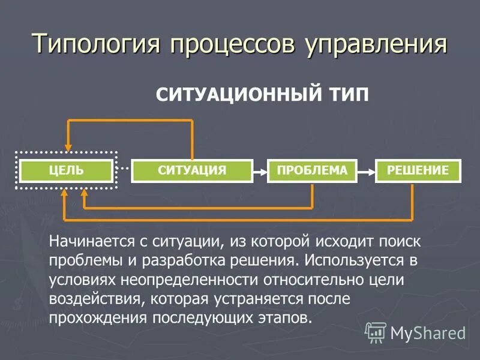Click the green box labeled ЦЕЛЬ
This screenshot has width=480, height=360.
(66, 170)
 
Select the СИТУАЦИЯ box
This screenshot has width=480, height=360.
(192, 170)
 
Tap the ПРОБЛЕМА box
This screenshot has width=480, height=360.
(312, 170)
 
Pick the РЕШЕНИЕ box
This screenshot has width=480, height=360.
(418, 170)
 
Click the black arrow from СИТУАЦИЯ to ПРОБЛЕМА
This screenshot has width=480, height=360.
(260, 172)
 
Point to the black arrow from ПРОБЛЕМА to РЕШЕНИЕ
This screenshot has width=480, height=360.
(366, 172)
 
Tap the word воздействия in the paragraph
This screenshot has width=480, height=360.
(95, 298)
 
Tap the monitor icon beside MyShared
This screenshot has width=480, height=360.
(376, 332)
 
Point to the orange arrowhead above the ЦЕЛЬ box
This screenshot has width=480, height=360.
(68, 146)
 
